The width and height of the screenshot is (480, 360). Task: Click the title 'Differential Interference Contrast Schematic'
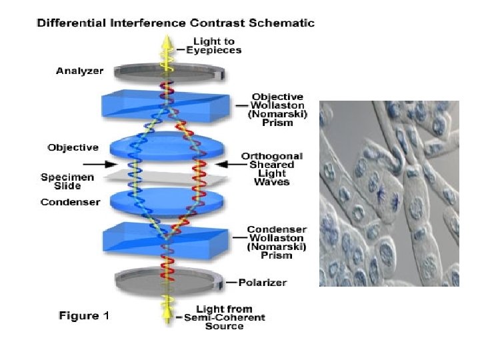pos(175,23)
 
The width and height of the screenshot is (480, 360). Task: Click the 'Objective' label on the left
pos(73,147)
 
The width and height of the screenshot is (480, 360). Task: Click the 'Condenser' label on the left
pos(70,202)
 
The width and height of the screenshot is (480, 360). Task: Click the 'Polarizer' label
pos(261,283)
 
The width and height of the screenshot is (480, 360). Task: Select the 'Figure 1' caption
pos(84,315)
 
